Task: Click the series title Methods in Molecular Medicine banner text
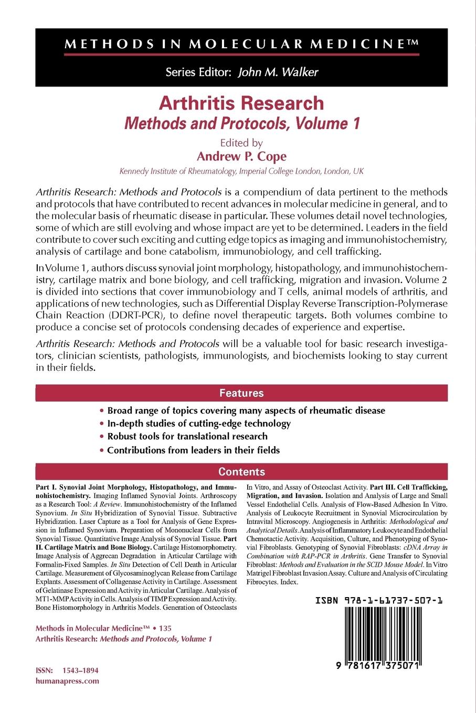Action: (241, 45)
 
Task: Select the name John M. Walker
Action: (278, 72)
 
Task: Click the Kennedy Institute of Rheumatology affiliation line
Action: (241, 171)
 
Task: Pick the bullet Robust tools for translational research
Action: (187, 436)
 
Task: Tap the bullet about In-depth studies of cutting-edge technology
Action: (198, 423)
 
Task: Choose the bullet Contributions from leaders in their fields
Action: (193, 450)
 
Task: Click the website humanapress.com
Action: (67, 681)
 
